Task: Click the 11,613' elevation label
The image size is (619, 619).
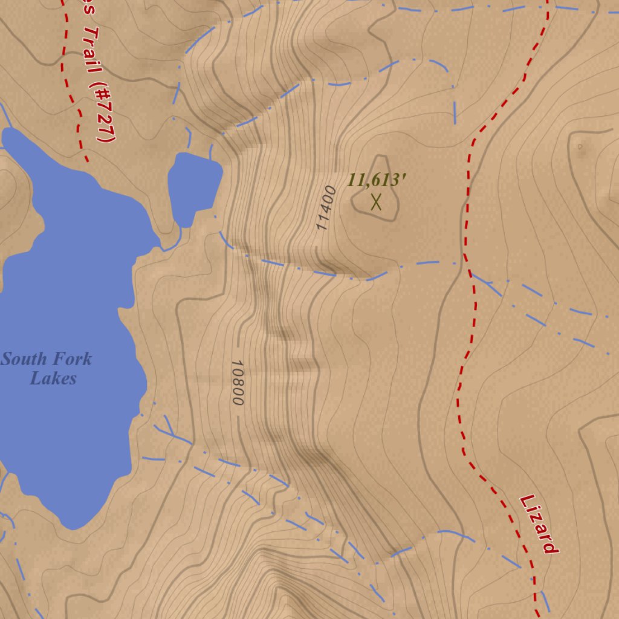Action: pos(376,180)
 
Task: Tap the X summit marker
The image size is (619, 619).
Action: pos(376,201)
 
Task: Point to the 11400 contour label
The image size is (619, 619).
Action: pos(325,208)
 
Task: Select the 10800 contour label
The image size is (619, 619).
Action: pos(237,383)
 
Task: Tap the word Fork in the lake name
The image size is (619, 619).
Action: pos(71,359)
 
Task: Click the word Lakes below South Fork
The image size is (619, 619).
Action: pos(53,379)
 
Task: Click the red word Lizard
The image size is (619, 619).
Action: pos(538,524)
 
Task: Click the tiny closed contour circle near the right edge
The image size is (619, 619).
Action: pos(580,146)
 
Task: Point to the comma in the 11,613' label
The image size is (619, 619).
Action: pos(371,185)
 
